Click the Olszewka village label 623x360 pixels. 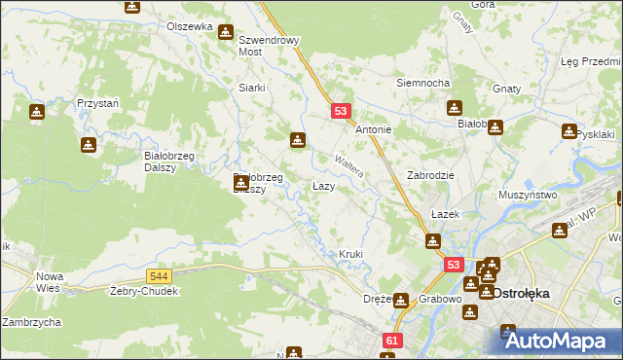(189, 26)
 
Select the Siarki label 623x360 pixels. (252, 88)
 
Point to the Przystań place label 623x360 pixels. (97, 102)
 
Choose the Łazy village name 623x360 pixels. (324, 185)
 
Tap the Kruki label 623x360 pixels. (350, 255)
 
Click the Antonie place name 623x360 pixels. (374, 129)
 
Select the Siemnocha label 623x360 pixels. (421, 83)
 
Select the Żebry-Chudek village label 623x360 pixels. (142, 291)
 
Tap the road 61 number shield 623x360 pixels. (392, 341)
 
